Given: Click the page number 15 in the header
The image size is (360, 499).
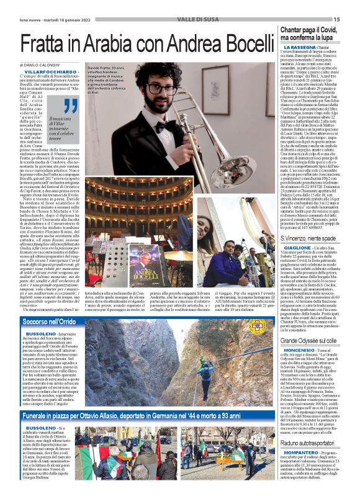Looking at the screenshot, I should [354, 5].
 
